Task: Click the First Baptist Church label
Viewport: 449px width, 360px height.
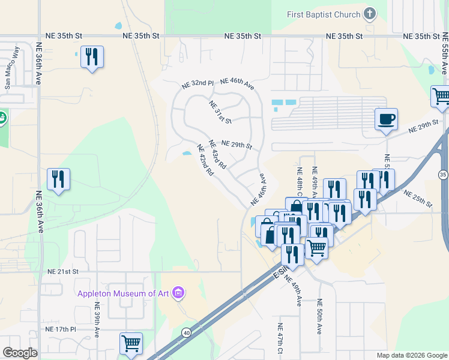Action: [324, 14]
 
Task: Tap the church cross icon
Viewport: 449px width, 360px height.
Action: [370, 14]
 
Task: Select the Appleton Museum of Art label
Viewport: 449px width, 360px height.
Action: [124, 293]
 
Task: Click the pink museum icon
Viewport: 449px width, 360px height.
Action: [178, 293]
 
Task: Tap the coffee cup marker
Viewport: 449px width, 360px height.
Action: [386, 119]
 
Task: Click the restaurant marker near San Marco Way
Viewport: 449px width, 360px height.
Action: [92, 57]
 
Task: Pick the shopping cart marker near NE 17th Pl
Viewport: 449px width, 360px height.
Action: [131, 344]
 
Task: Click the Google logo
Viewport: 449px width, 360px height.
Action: [20, 353]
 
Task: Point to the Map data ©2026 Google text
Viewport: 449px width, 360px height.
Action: [411, 355]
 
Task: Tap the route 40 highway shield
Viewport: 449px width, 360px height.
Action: [187, 332]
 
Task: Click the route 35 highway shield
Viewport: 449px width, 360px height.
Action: [443, 175]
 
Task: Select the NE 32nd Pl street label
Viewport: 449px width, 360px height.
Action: [199, 85]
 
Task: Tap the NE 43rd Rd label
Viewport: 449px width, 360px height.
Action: [217, 154]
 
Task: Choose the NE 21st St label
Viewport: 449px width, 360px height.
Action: [63, 271]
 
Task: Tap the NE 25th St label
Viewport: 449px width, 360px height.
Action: [418, 199]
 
